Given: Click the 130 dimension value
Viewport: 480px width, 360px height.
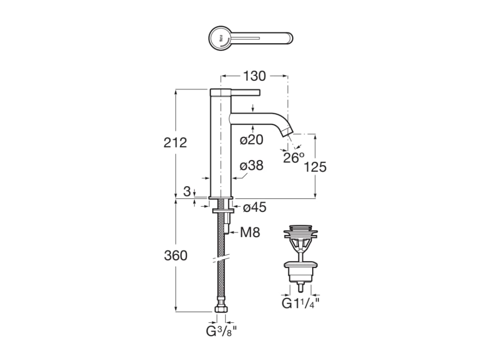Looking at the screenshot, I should (x=254, y=76).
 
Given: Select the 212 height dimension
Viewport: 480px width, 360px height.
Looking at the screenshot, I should (x=175, y=142).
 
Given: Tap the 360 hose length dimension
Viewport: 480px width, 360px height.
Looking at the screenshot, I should (x=175, y=255).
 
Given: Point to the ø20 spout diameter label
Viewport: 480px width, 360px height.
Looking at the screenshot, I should (x=251, y=140).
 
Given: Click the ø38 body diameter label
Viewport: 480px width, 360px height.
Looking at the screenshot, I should (x=251, y=166).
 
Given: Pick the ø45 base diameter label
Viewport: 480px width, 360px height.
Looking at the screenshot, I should (x=254, y=208).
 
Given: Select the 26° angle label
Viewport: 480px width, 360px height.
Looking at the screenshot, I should (x=294, y=158).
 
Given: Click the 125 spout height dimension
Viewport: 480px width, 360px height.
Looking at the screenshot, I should (x=315, y=167).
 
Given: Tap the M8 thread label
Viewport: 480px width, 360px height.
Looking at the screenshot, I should (x=249, y=232).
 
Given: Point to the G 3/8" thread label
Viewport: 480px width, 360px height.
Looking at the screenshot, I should (x=221, y=332).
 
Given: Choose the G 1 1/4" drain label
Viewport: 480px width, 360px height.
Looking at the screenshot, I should (x=300, y=303).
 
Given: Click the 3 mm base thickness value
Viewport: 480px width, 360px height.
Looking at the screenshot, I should (x=187, y=191).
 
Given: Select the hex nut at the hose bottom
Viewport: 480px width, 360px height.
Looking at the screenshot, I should (x=220, y=310).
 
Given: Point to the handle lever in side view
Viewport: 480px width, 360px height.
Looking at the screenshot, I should (x=244, y=91).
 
